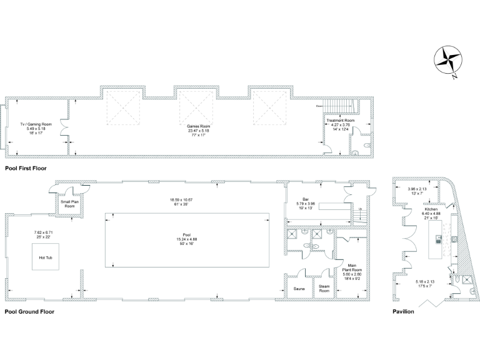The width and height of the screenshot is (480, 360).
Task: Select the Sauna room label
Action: click(x=299, y=289)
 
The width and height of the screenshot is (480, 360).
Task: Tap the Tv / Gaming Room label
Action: click(x=36, y=124)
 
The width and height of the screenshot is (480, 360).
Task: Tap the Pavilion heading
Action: click(x=403, y=311)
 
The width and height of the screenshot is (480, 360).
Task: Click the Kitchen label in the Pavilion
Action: click(x=431, y=209)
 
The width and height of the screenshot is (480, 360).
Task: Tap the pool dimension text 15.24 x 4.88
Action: click(x=188, y=239)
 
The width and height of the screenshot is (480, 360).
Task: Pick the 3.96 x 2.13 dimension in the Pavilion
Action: click(x=416, y=189)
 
